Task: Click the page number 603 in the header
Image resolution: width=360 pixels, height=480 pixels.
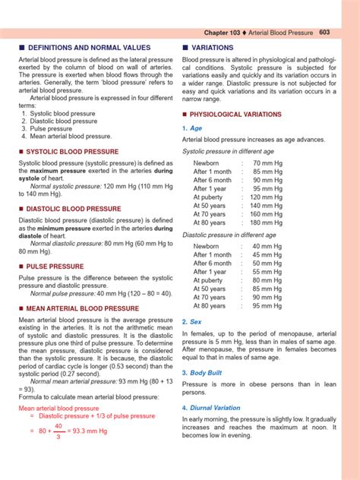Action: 324,32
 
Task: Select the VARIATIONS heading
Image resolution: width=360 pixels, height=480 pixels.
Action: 213,47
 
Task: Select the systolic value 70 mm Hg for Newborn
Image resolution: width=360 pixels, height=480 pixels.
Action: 267,163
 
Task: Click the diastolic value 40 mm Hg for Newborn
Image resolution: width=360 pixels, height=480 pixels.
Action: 267,247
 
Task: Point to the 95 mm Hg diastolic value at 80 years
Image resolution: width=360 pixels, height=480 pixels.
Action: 267,306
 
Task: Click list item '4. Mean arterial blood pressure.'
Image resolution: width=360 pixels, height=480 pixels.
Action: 67,137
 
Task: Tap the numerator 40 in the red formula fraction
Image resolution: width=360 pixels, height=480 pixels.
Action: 58,426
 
